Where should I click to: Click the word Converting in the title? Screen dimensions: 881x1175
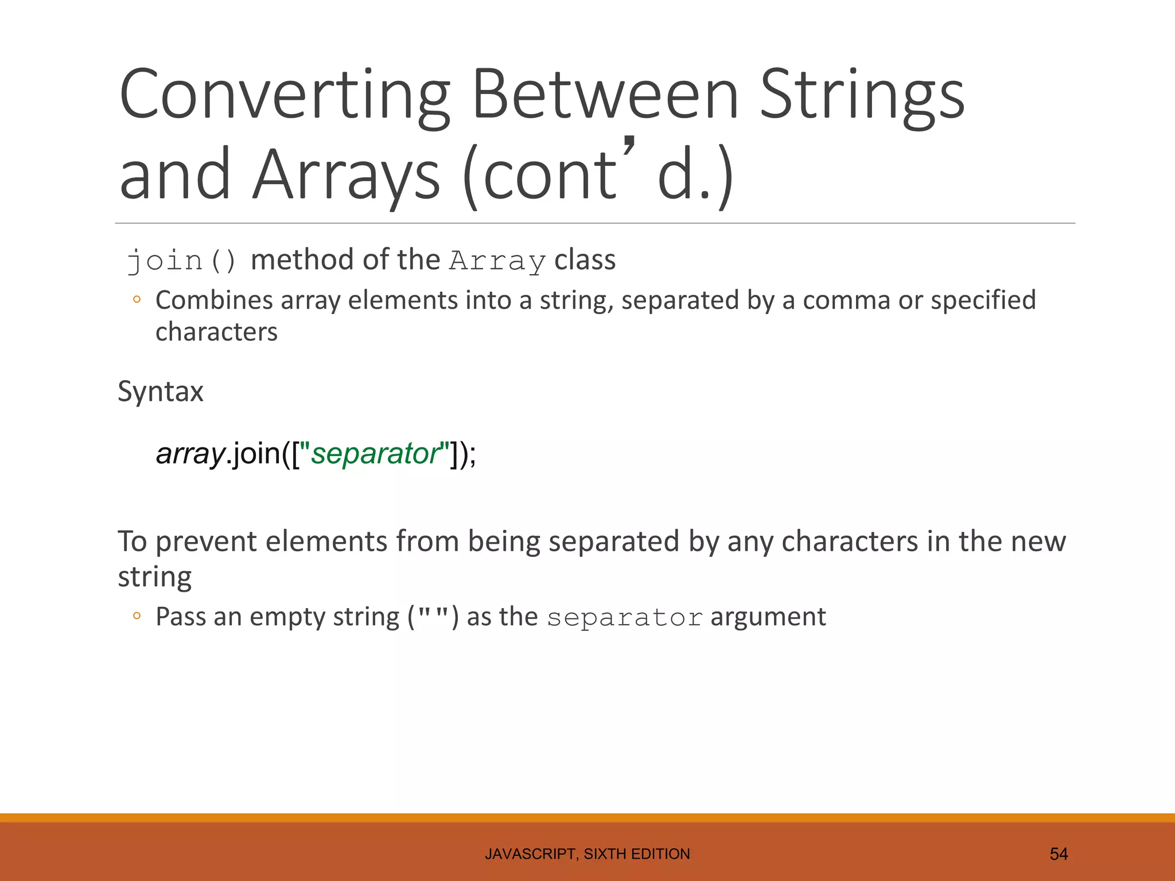point(285,95)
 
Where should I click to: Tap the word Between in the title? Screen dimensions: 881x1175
point(605,95)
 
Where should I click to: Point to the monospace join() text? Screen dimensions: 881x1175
point(181,261)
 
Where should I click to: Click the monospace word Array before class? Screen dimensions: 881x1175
point(497,261)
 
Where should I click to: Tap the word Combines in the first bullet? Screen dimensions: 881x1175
point(214,301)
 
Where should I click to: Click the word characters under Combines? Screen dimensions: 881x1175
point(216,332)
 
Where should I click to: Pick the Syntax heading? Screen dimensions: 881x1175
point(161,392)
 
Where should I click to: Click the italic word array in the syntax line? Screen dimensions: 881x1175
point(190,454)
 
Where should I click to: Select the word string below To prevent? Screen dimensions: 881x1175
point(154,577)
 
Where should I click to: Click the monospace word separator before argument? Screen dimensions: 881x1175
point(624,618)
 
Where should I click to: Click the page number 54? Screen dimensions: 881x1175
point(1058,854)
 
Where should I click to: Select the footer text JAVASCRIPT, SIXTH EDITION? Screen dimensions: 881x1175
point(587,854)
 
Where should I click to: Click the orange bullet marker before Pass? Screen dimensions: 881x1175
point(137,617)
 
